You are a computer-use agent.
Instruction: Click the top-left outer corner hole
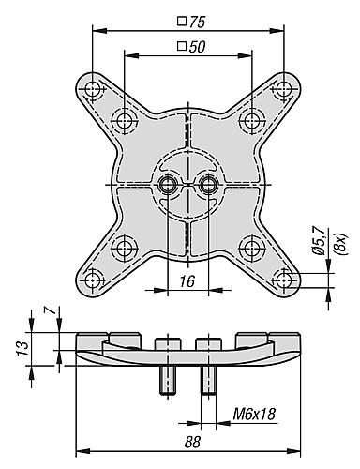coord(93,89)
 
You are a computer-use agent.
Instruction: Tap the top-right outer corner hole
coord(282,89)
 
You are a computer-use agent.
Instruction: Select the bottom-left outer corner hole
coord(93,279)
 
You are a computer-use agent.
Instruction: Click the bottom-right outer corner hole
coord(282,279)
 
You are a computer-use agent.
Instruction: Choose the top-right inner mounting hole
coord(250,121)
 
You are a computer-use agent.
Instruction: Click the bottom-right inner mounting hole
coord(250,248)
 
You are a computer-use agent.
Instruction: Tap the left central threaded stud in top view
coord(168,184)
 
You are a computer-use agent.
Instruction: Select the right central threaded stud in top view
coord(207,184)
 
